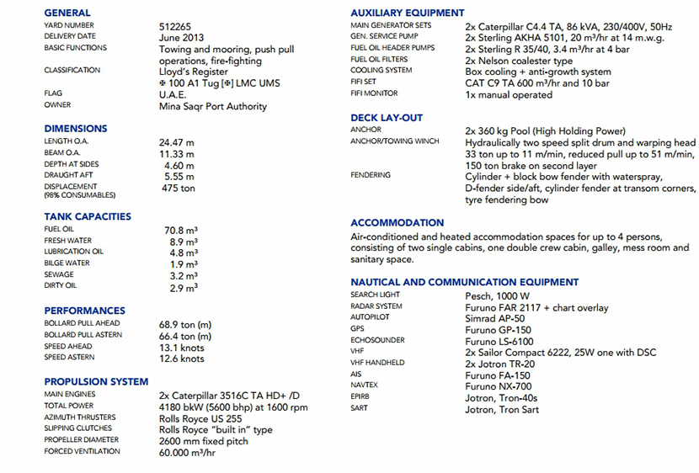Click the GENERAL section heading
click(x=67, y=13)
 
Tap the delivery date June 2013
click(x=181, y=38)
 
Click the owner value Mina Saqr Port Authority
click(x=213, y=107)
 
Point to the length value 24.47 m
click(x=177, y=142)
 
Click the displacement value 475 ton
click(x=177, y=189)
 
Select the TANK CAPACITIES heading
click(x=88, y=216)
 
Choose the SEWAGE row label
click(x=58, y=275)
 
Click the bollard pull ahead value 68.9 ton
click(x=185, y=324)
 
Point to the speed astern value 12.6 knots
click(x=182, y=359)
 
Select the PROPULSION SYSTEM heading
click(x=96, y=381)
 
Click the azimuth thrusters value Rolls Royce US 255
click(x=200, y=417)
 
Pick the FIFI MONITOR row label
click(x=374, y=94)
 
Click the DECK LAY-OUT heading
click(x=387, y=118)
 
